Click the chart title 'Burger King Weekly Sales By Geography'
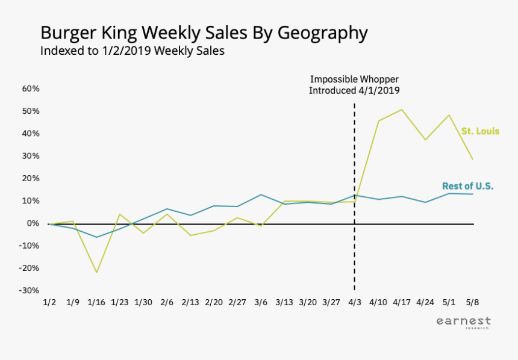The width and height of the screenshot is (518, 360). pyautogui.click(x=204, y=33)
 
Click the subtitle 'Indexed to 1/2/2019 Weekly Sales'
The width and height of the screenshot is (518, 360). pyautogui.click(x=133, y=51)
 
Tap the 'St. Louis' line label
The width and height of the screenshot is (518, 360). pyautogui.click(x=480, y=131)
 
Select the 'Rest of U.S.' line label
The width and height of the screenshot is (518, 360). pyautogui.click(x=467, y=186)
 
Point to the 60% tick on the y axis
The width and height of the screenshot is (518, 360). pyautogui.click(x=31, y=88)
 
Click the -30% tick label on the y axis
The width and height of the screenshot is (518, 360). pyautogui.click(x=30, y=290)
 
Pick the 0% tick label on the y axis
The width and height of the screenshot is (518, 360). pyautogui.click(x=33, y=223)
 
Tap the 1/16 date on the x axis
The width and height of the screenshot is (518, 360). pyautogui.click(x=96, y=301)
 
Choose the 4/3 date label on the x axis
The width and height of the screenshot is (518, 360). pyautogui.click(x=354, y=301)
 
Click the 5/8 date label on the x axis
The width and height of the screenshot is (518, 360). pyautogui.click(x=472, y=301)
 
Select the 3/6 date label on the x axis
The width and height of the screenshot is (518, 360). pyautogui.click(x=260, y=301)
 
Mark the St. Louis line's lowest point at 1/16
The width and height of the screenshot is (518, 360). pyautogui.click(x=96, y=273)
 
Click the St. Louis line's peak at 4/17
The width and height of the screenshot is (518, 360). pyautogui.click(x=402, y=110)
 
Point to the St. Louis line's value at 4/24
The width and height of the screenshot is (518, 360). pyautogui.click(x=425, y=140)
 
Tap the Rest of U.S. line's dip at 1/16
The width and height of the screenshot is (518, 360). pyautogui.click(x=96, y=237)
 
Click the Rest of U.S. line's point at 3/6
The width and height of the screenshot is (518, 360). pyautogui.click(x=260, y=194)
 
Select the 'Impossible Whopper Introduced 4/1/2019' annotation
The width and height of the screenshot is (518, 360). pyautogui.click(x=354, y=85)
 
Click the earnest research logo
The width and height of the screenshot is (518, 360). pyautogui.click(x=463, y=323)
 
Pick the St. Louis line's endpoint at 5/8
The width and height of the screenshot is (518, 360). pyautogui.click(x=473, y=159)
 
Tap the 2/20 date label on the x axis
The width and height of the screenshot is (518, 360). pyautogui.click(x=213, y=301)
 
